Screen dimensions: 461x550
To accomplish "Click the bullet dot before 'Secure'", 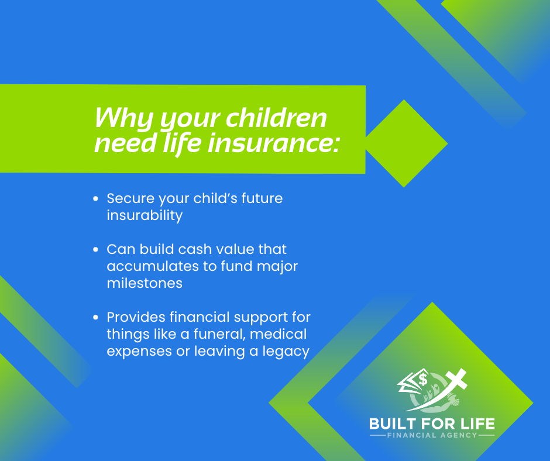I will coord(96,199).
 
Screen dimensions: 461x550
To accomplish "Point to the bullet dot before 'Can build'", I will coord(96,250).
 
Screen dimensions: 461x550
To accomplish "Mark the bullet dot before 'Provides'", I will coord(96,318).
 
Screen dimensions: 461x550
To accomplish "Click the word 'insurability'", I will coord(145,215).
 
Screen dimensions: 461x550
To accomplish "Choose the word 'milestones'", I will coord(145,283).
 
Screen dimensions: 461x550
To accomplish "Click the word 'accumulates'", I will coord(150,267).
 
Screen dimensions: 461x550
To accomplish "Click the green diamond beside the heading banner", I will coord(404,143).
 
